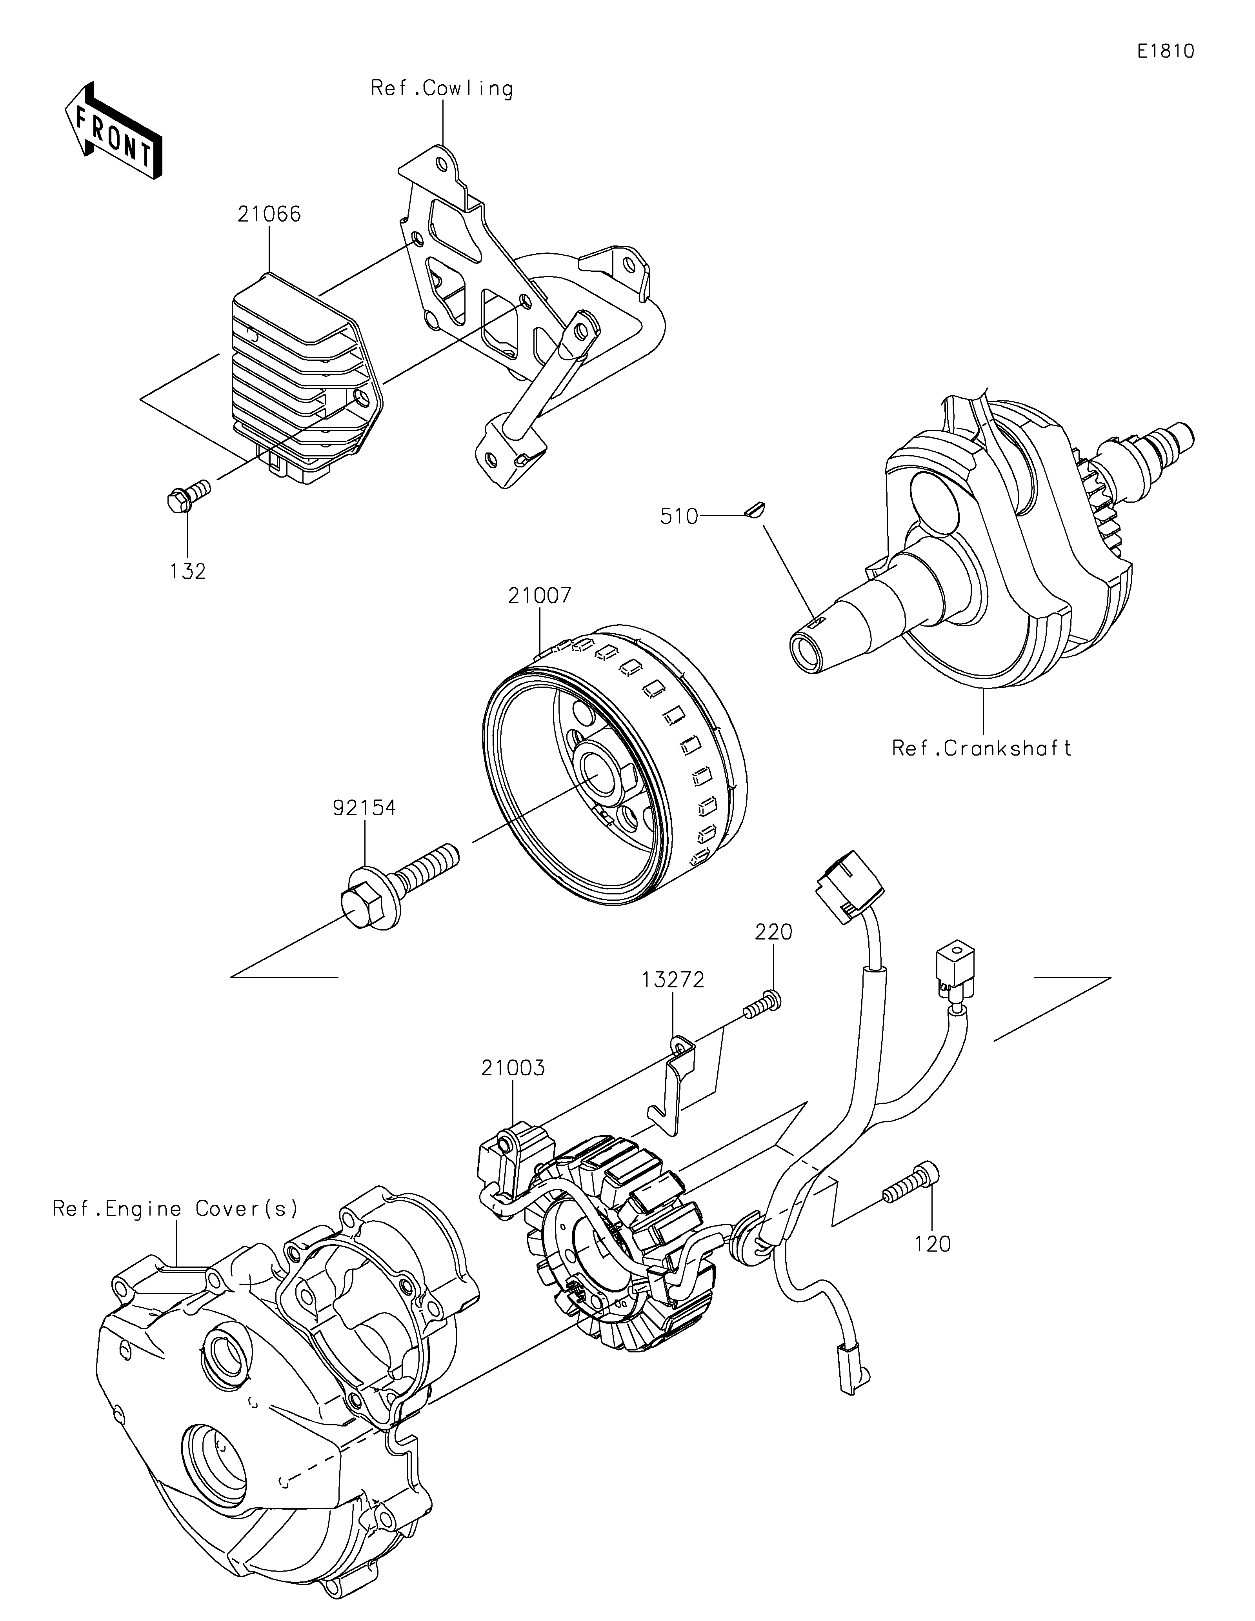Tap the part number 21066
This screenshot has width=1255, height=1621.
pyautogui.click(x=269, y=214)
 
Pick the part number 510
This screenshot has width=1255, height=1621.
pyautogui.click(x=680, y=516)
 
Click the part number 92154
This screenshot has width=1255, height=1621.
pyautogui.click(x=364, y=807)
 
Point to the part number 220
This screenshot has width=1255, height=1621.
pyautogui.click(x=774, y=932)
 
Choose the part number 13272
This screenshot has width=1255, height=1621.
pyautogui.click(x=673, y=980)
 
